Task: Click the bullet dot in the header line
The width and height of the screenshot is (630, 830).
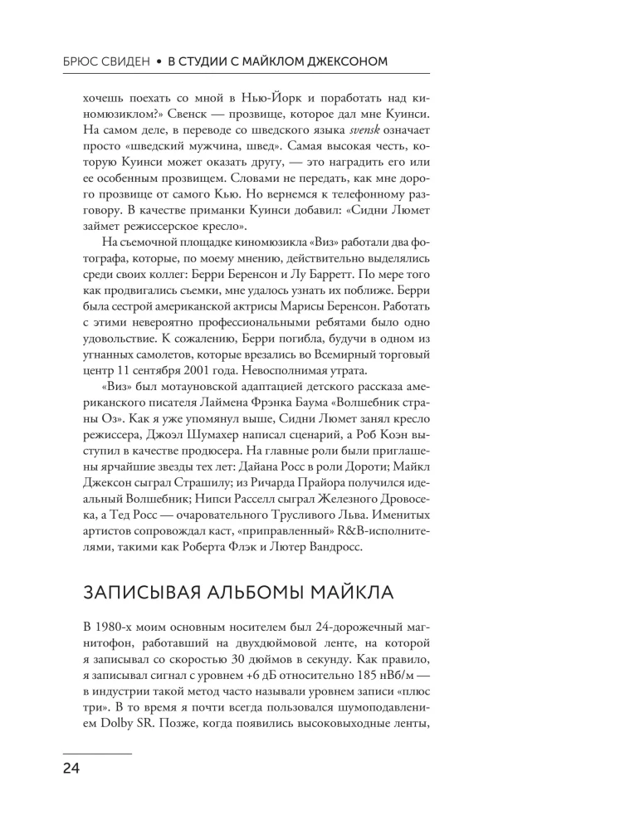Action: pyautogui.click(x=156, y=61)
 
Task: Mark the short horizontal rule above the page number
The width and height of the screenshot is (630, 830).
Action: pyautogui.click(x=97, y=753)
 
